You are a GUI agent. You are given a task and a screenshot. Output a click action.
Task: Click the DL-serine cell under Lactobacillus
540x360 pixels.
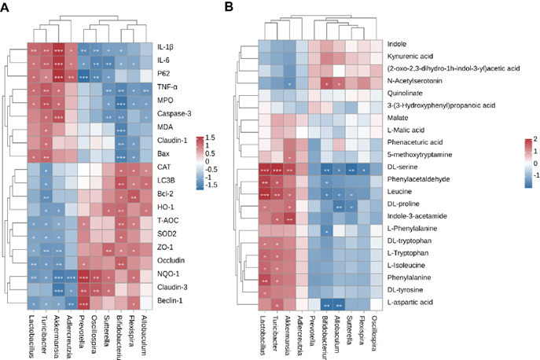[x=265, y=168]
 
